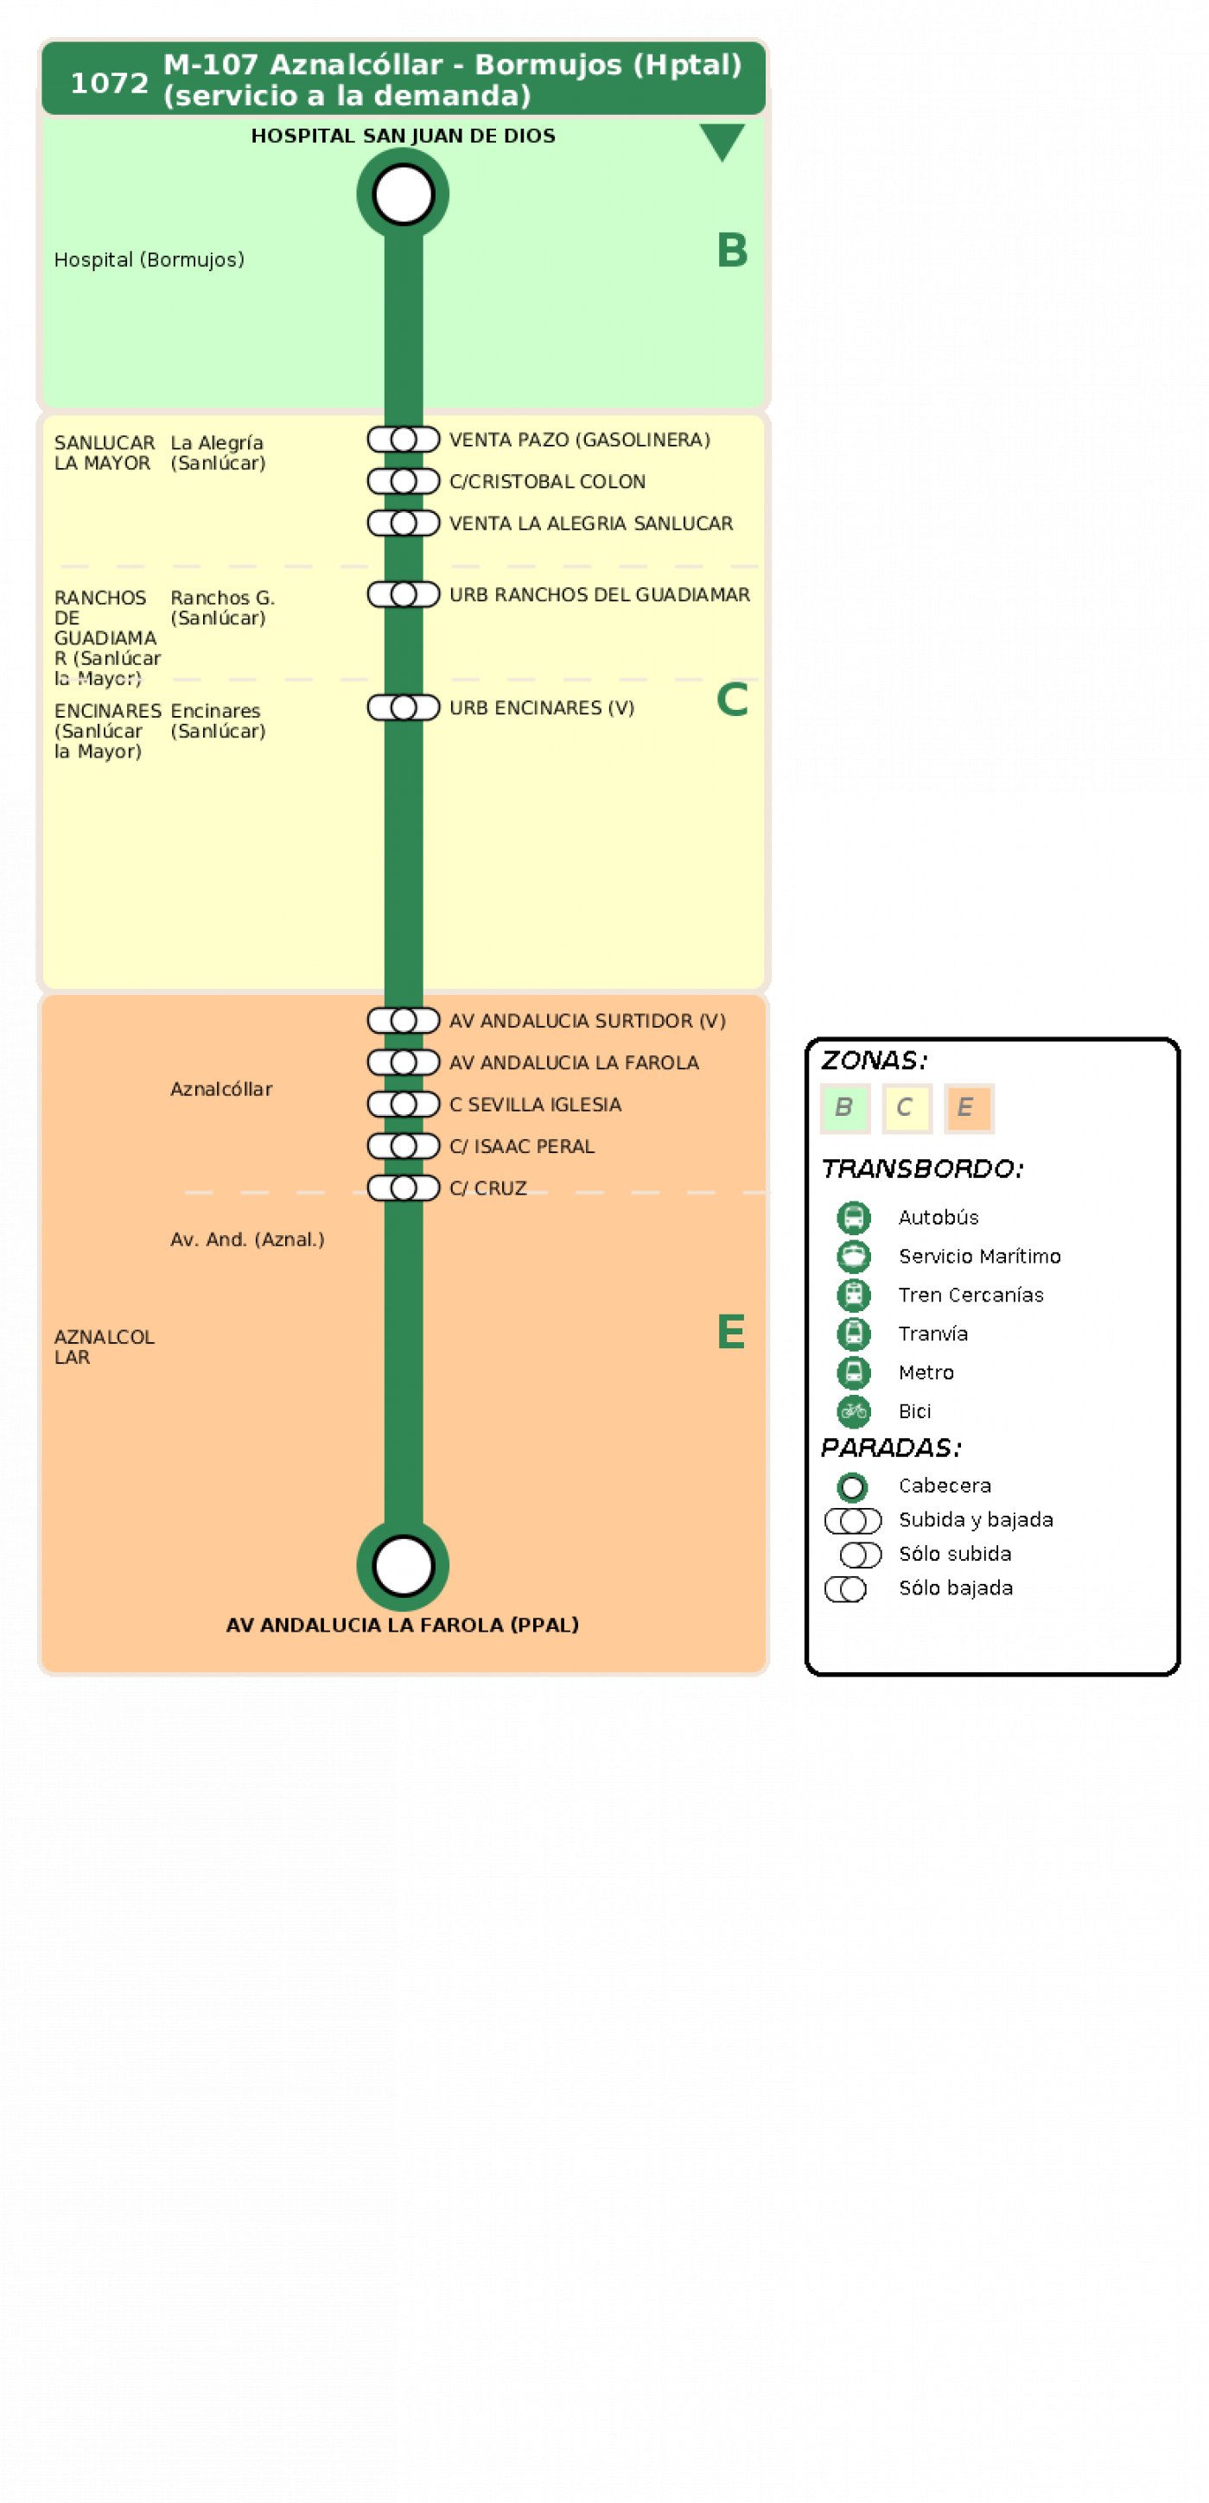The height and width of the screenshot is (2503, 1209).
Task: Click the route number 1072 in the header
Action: coord(109,83)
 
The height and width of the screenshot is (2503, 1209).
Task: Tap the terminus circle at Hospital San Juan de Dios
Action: coord(404,194)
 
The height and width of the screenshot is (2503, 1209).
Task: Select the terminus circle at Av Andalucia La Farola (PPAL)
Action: coord(404,1565)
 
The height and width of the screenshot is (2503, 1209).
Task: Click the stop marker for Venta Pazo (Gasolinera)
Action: coord(404,439)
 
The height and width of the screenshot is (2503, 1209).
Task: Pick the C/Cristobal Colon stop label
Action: coord(547,481)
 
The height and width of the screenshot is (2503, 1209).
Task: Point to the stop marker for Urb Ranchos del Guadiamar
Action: coord(404,593)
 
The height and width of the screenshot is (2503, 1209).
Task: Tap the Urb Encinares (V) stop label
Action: coord(541,707)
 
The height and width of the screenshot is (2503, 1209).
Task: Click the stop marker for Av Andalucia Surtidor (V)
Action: coord(404,1020)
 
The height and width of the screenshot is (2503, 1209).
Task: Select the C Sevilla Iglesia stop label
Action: coord(535,1104)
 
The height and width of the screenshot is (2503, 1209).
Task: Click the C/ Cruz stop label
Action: coord(488,1188)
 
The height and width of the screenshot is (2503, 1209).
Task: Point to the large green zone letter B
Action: coord(732,250)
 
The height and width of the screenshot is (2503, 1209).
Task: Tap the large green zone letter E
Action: coord(731,1331)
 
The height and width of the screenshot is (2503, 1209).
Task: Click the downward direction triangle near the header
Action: coord(722,141)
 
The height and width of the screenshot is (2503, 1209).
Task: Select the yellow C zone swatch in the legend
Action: coord(907,1107)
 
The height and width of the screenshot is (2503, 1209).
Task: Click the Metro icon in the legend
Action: coord(853,1372)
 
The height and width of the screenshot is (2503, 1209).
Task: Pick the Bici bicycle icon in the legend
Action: coord(853,1411)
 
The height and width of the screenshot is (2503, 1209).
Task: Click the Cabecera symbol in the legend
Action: coord(852,1486)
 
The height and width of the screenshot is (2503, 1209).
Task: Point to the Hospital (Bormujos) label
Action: coord(149,259)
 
